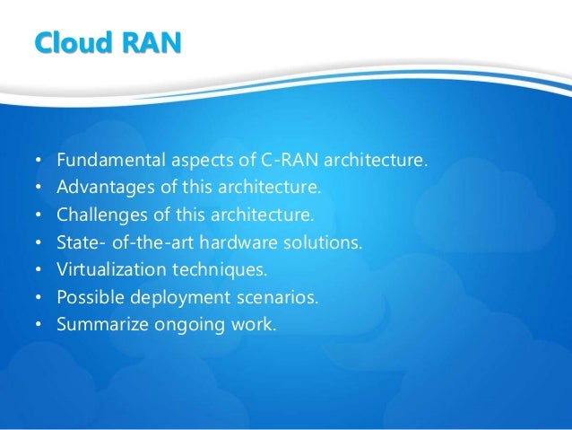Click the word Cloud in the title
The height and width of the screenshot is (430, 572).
pyautogui.click(x=65, y=43)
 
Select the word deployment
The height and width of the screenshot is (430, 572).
pyautogui.click(x=168, y=297)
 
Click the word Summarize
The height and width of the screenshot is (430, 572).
pyautogui.click(x=100, y=324)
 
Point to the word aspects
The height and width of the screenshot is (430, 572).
pyautogui.click(x=193, y=162)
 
